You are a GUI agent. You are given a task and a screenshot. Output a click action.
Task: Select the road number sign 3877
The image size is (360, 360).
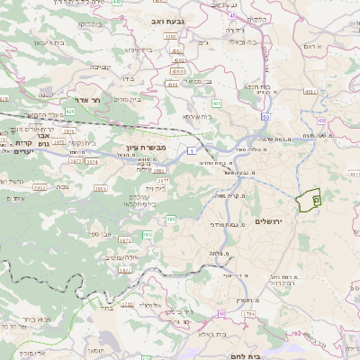pos(125,241)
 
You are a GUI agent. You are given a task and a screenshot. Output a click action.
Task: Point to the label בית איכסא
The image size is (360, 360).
pos(198,116)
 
